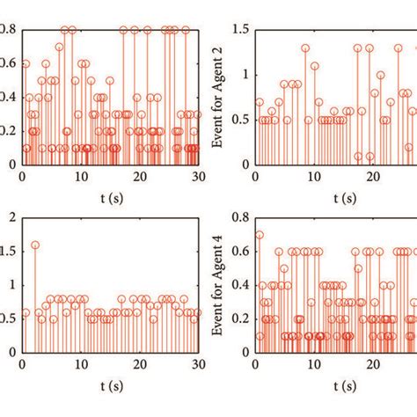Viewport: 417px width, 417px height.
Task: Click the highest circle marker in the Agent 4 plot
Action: tap(259, 235)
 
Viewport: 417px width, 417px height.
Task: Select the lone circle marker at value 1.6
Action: tap(35, 245)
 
